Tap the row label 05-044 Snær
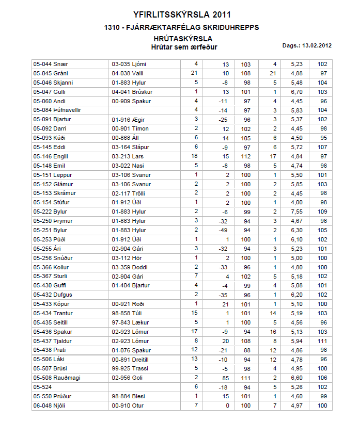50,64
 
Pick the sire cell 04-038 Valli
128,74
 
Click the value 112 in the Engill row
246,156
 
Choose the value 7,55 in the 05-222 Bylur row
296,212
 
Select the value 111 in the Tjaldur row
323,341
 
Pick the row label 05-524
42,387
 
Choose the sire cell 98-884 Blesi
128,396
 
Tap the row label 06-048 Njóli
50,405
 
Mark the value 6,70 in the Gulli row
296,92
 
